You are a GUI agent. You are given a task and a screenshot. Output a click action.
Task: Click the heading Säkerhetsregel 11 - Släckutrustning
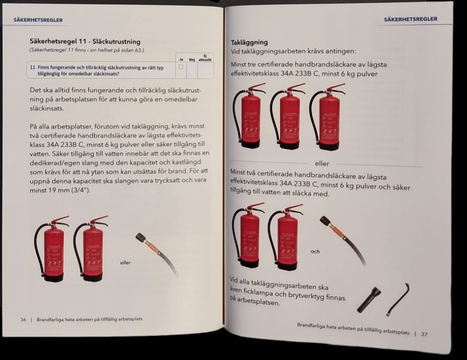[x=85, y=42]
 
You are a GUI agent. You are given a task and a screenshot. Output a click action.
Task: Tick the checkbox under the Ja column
[x=181, y=67]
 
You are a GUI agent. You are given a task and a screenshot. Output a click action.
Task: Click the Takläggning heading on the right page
[x=249, y=42]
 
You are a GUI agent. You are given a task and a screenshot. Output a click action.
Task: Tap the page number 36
[x=23, y=319]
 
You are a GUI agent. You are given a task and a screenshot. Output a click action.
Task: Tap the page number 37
[x=424, y=334]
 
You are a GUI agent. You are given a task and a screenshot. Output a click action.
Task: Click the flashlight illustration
[x=369, y=299]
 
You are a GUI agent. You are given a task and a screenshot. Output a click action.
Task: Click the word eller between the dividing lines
[x=322, y=163]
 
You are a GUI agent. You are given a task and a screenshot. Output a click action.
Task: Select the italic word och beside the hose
[x=315, y=251]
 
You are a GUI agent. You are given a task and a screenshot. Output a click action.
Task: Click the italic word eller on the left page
[x=125, y=262]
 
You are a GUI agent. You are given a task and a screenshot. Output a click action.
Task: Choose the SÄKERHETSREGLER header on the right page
[x=410, y=19]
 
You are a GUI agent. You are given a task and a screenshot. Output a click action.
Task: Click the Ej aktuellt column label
[x=205, y=57]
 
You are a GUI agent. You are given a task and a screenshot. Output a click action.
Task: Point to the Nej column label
[x=192, y=59]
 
